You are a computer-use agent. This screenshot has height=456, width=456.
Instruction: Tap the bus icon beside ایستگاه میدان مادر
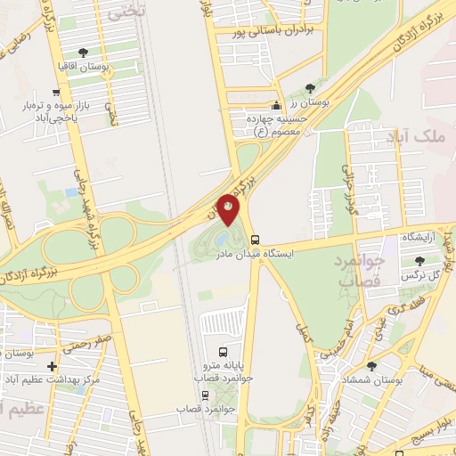point(255,240)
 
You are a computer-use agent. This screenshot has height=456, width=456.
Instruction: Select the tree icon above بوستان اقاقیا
point(84,53)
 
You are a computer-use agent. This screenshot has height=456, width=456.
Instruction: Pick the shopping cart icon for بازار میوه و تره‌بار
point(56,92)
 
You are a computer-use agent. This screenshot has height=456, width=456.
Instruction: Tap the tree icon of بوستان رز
point(310,88)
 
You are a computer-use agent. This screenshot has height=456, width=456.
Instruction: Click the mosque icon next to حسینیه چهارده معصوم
point(276,104)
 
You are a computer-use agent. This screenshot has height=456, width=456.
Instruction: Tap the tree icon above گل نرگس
point(420,261)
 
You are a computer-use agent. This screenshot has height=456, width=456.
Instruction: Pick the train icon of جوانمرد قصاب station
point(206,395)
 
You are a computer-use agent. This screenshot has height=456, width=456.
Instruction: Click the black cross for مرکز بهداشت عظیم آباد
point(53,366)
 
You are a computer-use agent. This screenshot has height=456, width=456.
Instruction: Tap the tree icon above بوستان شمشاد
point(371,365)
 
